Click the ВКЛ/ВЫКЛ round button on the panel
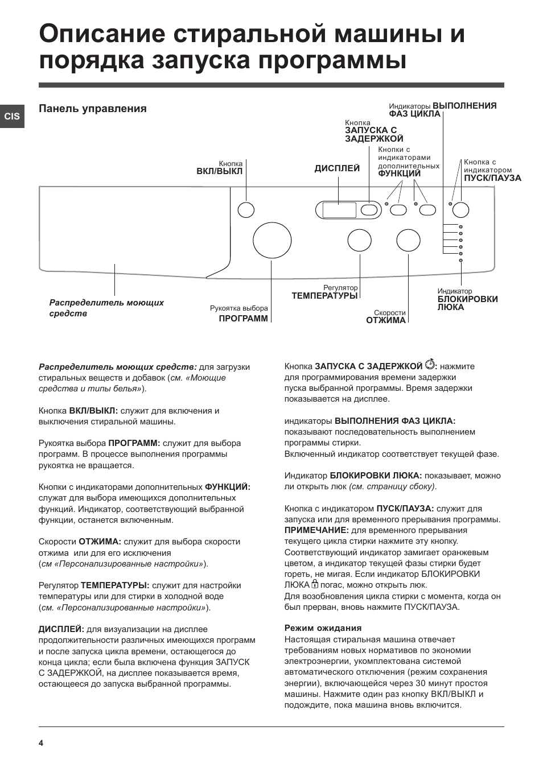click(x=246, y=210)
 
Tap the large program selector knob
click(x=271, y=241)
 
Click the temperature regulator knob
click(x=360, y=240)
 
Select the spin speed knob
click(x=408, y=240)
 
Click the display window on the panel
click(x=339, y=210)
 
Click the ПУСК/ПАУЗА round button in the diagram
click(x=460, y=210)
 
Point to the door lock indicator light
click(x=460, y=261)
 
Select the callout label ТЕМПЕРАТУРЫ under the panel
click(x=324, y=296)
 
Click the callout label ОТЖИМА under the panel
click(x=386, y=320)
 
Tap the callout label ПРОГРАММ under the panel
click(x=243, y=319)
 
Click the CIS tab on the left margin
click(x=12, y=116)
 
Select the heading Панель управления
click(x=93, y=109)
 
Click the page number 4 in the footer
click(x=41, y=743)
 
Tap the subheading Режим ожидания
click(x=323, y=628)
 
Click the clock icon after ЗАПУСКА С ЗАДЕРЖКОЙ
click(x=430, y=364)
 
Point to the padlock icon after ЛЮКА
click(x=315, y=584)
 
